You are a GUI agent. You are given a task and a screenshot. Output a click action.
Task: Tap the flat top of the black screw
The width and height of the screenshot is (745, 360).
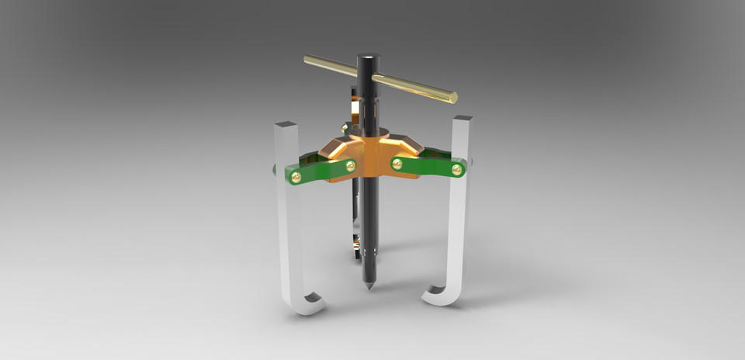point(368,57)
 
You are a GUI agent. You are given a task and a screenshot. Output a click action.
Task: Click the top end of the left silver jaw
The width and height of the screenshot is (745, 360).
point(286,124)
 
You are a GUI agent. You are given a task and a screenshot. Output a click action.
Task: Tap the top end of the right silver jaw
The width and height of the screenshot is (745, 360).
point(463,119)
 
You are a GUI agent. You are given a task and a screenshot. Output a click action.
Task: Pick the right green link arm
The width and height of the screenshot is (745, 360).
point(427,166)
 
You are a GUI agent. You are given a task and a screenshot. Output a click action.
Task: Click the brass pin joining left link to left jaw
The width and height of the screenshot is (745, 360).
point(296,177)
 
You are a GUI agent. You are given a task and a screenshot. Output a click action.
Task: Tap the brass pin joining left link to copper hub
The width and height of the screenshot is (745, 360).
point(350,165)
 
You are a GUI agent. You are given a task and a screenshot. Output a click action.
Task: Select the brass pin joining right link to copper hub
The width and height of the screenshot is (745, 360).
point(397,163)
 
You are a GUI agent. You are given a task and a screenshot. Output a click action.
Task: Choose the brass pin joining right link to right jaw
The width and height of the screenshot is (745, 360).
point(456,168)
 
